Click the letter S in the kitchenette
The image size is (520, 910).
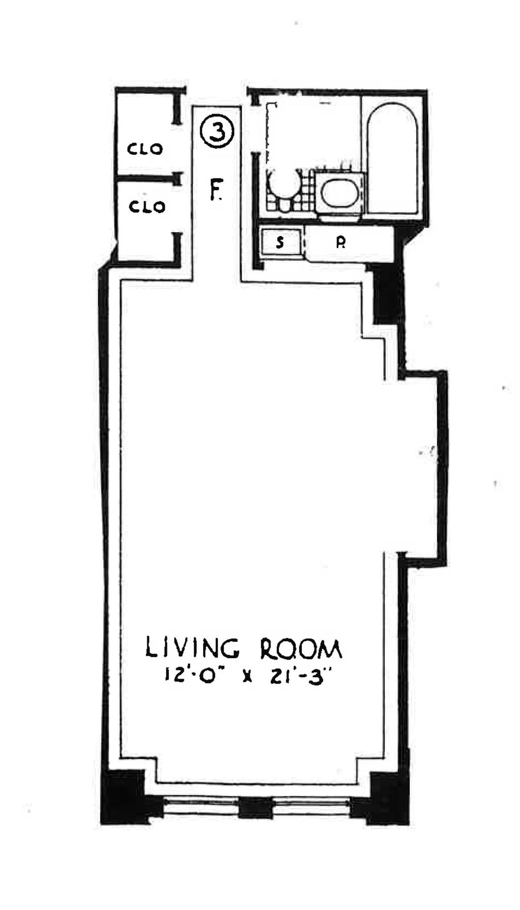[280, 242]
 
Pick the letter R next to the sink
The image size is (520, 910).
[341, 243]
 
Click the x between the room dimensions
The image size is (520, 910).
[247, 677]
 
